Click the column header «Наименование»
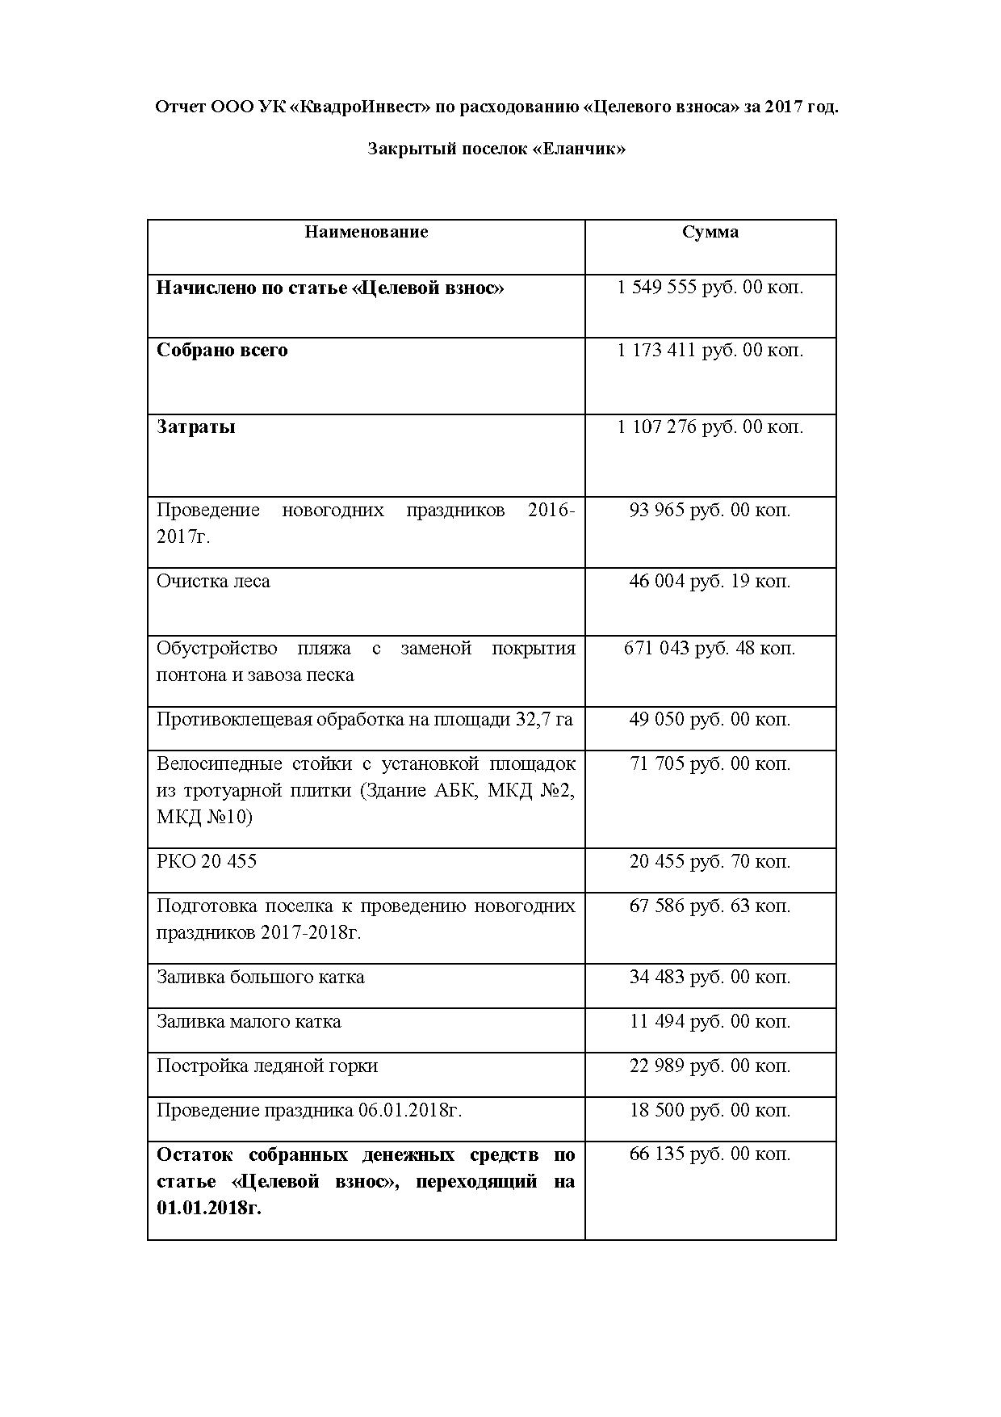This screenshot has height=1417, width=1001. click(x=366, y=233)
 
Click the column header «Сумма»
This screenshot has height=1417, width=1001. click(x=710, y=233)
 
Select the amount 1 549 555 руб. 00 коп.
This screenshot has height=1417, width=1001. click(x=710, y=288)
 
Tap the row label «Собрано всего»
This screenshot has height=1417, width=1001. click(x=222, y=351)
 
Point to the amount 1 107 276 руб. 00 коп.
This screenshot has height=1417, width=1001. click(x=710, y=427)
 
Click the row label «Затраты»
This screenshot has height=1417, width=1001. click(x=196, y=427)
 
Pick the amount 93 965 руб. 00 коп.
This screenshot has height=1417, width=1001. click(x=710, y=511)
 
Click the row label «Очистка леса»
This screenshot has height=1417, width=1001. click(x=213, y=582)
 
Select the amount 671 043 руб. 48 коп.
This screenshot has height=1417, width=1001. click(x=710, y=649)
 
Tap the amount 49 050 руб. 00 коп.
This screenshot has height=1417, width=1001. click(x=710, y=720)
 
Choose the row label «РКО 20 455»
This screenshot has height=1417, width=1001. click(x=207, y=862)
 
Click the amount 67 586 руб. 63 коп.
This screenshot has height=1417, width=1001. click(x=710, y=906)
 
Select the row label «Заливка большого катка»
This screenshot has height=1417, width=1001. click(x=260, y=978)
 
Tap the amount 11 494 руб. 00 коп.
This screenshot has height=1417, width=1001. click(x=710, y=1022)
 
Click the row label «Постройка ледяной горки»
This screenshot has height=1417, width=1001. click(x=267, y=1066)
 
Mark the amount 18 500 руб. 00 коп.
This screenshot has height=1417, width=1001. click(x=710, y=1111)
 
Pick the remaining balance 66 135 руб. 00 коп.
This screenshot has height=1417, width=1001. click(x=710, y=1154)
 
